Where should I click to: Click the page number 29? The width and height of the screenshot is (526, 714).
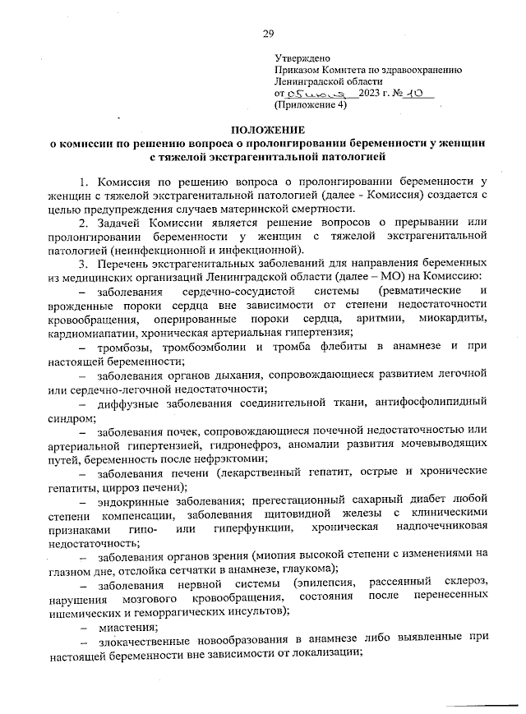point(267,34)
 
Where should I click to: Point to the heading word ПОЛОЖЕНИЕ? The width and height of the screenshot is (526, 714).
point(267,129)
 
